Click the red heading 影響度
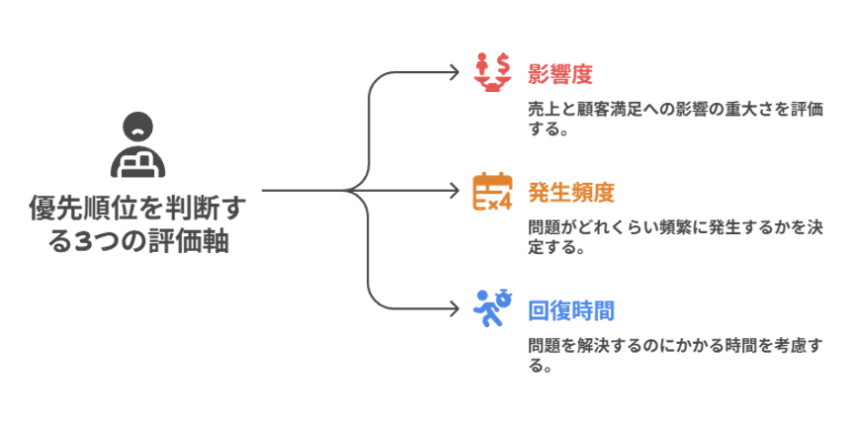pyautogui.click(x=560, y=73)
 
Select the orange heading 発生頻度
pyautogui.click(x=572, y=192)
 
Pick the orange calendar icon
pyautogui.click(x=492, y=191)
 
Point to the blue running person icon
pyautogui.click(x=491, y=308)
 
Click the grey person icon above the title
pyautogui.click(x=139, y=144)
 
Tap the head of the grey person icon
pyautogui.click(x=139, y=126)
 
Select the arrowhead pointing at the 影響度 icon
pyautogui.click(x=456, y=72)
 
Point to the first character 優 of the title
pyautogui.click(x=43, y=209)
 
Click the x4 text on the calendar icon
pyautogui.click(x=499, y=202)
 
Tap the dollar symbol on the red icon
pyautogui.click(x=504, y=62)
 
